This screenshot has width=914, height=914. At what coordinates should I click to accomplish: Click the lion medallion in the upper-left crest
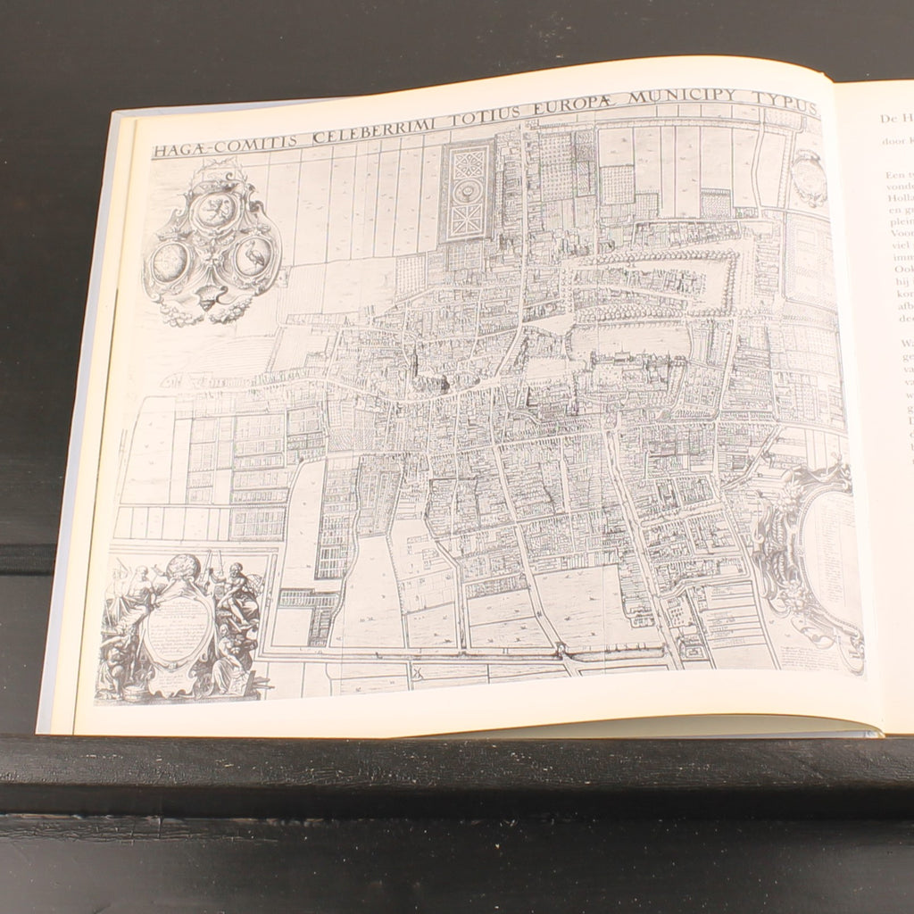click(x=215, y=211)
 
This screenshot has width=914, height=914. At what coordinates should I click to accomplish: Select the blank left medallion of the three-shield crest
click(x=171, y=261)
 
